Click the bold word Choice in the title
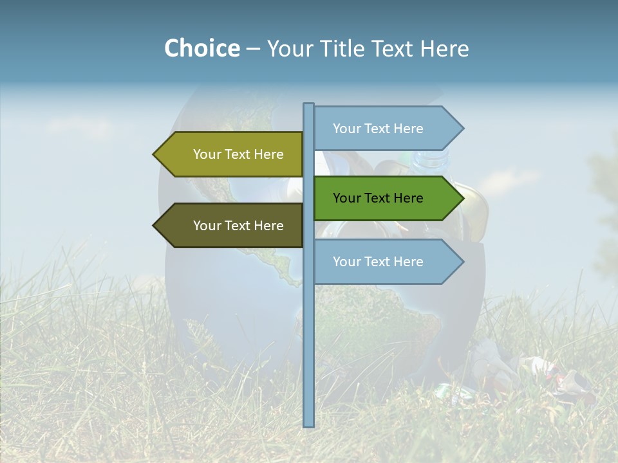tap(201, 48)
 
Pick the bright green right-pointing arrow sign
tap(386, 198)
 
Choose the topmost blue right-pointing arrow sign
tap(386, 129)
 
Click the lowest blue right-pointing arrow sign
tap(386, 262)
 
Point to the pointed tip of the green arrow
tap(463, 198)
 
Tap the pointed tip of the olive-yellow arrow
tap(154, 154)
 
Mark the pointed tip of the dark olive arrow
tap(154, 226)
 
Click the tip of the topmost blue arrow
tap(463, 129)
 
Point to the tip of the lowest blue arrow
tap(463, 262)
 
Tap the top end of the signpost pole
tap(308, 105)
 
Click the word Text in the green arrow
tap(378, 198)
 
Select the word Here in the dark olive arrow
tap(268, 226)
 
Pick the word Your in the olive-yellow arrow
tap(207, 154)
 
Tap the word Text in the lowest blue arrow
tap(378, 262)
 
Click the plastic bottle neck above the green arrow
tap(430, 159)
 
